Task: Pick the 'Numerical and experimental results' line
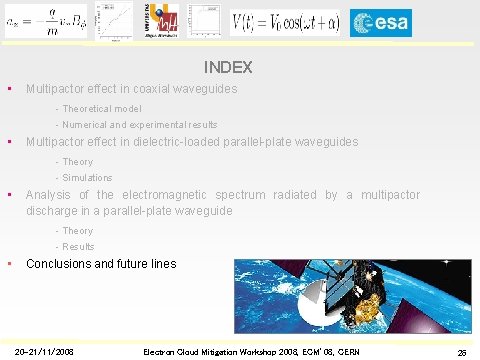click(139, 125)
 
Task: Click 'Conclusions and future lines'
click(101, 264)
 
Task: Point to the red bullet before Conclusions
click(9, 264)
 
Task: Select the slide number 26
click(461, 351)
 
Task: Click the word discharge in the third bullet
click(54, 211)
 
